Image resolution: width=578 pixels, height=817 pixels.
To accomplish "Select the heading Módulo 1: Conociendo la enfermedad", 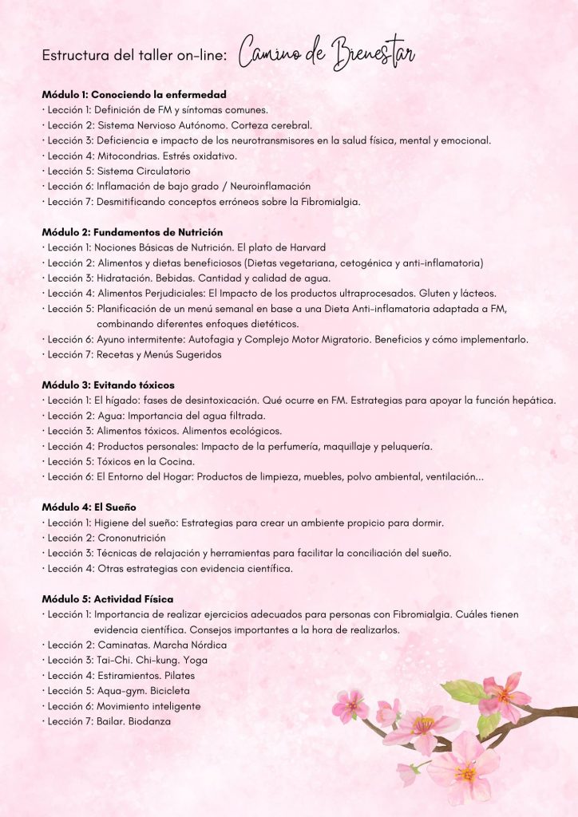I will [134, 94].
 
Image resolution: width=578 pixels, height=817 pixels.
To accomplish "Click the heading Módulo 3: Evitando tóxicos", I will [108, 385].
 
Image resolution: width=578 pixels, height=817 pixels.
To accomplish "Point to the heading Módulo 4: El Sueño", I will [89, 507].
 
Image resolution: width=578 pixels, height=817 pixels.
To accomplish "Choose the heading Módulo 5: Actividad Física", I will [108, 598].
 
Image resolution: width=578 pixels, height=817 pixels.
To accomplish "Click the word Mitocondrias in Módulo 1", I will [125, 156].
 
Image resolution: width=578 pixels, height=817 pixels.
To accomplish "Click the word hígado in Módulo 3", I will [125, 400].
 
